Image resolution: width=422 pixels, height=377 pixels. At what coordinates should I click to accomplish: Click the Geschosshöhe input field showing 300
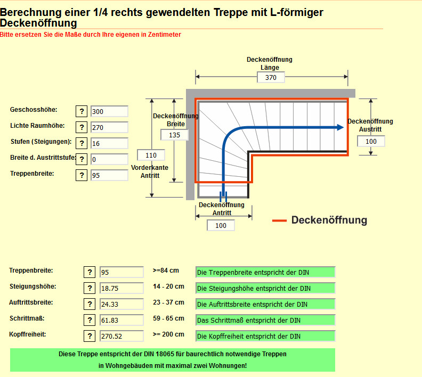[109, 111]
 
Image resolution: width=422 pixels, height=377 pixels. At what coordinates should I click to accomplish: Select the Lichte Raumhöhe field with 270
[109, 127]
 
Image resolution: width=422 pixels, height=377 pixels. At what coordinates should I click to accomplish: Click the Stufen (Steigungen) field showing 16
[109, 143]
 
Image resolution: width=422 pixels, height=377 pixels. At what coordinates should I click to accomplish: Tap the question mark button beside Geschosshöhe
[82, 111]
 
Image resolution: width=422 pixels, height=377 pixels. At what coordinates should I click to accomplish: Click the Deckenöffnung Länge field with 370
[271, 77]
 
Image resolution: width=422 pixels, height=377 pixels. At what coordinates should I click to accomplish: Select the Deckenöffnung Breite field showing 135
[174, 135]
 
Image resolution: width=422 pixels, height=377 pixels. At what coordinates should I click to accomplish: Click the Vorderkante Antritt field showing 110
[151, 155]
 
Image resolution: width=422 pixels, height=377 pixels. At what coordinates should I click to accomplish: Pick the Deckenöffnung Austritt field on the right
[371, 141]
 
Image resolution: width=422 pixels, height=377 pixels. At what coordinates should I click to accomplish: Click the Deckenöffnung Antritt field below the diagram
[221, 225]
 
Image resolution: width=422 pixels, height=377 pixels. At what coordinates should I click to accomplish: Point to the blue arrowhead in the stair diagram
[338, 127]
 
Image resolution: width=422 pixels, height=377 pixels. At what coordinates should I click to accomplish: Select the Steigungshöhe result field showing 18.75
[121, 288]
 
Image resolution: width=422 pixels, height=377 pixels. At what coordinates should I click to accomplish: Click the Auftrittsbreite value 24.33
[121, 304]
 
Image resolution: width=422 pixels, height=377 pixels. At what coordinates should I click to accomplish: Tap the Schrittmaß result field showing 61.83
[121, 320]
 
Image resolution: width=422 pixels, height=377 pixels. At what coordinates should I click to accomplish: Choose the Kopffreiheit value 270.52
[121, 336]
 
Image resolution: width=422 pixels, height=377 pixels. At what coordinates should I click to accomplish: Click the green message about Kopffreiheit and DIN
[265, 336]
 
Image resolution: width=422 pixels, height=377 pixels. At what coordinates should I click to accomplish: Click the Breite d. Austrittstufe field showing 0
[109, 159]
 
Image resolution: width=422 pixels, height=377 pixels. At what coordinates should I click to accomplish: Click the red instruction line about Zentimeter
[91, 35]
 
